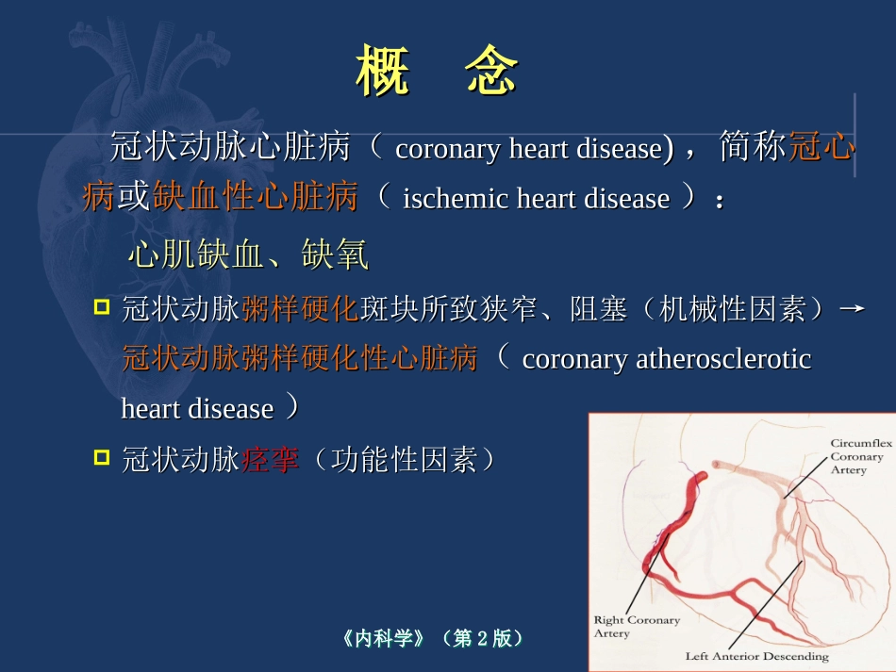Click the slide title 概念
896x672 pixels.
pyautogui.click(x=438, y=73)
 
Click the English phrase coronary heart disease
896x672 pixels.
pyautogui.click(x=528, y=149)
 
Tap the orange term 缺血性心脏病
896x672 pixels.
pyautogui.click(x=256, y=198)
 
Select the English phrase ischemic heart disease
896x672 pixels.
pyautogui.click(x=536, y=199)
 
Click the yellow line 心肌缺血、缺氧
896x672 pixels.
pyautogui.click(x=248, y=254)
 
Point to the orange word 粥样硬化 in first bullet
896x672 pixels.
pyautogui.click(x=300, y=309)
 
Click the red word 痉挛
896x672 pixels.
pyautogui.click(x=271, y=459)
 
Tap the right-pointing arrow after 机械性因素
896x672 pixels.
pyautogui.click(x=852, y=309)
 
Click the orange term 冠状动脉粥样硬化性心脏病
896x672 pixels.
pyautogui.click(x=300, y=359)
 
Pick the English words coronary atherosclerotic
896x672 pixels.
pyautogui.click(x=666, y=359)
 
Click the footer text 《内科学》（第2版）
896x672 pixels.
pyautogui.click(x=433, y=638)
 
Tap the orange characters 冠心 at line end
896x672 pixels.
pyautogui.click(x=822, y=148)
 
